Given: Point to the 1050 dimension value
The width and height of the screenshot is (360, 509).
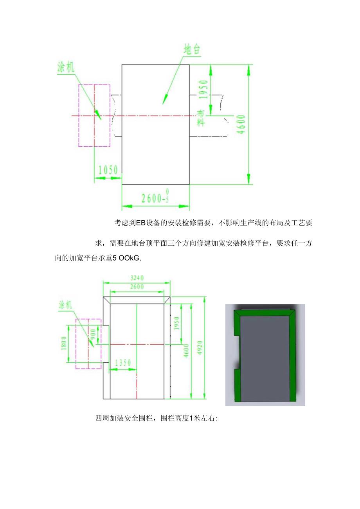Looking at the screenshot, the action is (108, 170).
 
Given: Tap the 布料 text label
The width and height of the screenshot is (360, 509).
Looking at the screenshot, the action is (201, 117).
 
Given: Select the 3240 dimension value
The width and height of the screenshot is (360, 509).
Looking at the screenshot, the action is (137, 278).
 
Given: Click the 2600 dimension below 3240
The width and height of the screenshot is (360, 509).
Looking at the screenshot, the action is (137, 286).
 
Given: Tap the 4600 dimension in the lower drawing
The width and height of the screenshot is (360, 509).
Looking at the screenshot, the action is (186, 349).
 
